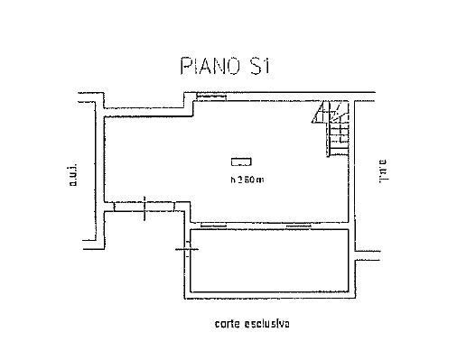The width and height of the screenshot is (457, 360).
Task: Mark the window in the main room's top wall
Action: [x=210, y=94]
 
